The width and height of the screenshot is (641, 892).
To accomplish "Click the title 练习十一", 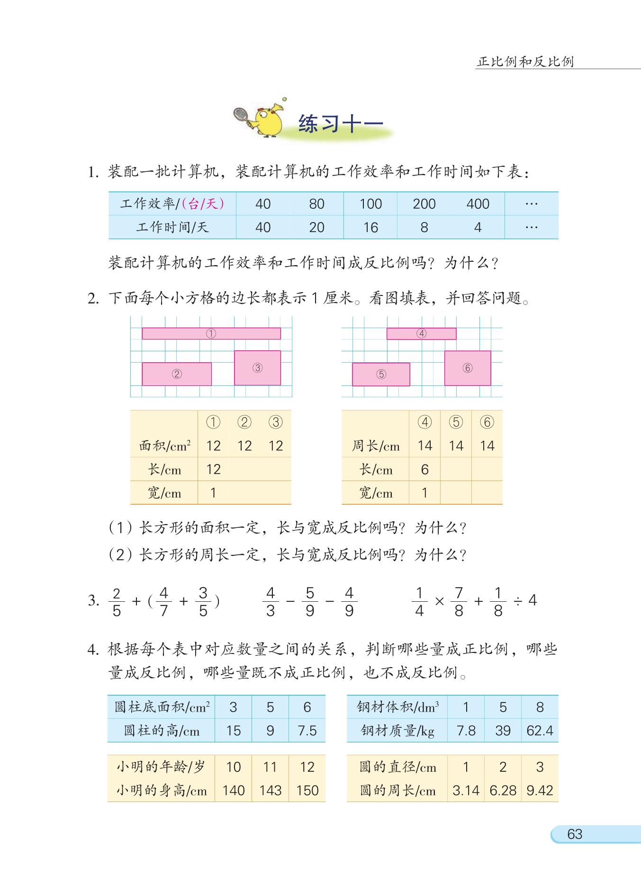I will (340, 124).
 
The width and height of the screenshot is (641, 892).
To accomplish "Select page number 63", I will (574, 834).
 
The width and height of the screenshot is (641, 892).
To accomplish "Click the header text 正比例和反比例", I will (525, 62).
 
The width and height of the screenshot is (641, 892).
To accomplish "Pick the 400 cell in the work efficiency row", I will (478, 204).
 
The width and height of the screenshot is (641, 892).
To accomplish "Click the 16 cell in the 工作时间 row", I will (370, 228).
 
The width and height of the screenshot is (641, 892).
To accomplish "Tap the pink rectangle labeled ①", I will (211, 333).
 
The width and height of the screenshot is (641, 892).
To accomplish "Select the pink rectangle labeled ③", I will (257, 368).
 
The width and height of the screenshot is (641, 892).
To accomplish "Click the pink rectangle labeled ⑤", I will (381, 374).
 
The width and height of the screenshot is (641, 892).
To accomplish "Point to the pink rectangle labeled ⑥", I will (467, 368).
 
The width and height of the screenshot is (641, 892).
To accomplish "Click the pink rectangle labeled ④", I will (421, 333).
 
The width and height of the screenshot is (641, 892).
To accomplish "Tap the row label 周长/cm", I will (375, 446).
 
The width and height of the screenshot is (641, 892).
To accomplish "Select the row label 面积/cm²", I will (164, 446).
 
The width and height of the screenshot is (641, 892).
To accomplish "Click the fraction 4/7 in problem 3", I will (164, 601).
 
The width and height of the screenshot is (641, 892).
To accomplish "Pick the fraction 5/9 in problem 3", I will (310, 601).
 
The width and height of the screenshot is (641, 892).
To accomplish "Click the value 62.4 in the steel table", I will (540, 731).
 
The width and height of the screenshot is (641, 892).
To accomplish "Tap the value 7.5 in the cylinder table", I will (307, 731).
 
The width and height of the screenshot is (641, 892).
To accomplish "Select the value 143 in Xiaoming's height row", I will (270, 790).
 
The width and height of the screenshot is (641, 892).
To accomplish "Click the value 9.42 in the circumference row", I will (540, 790).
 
